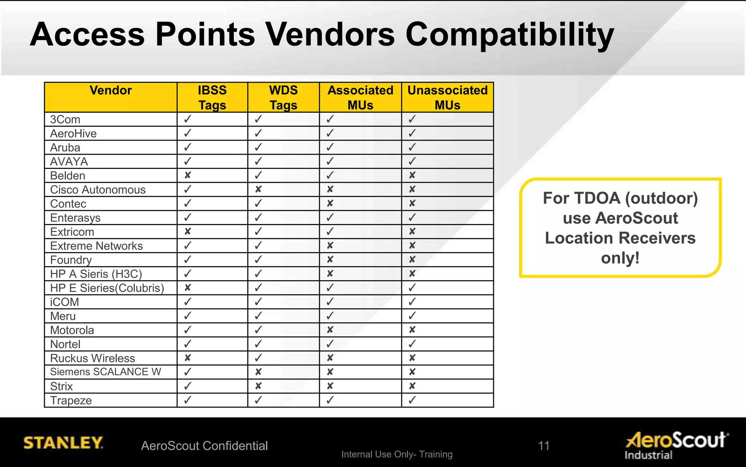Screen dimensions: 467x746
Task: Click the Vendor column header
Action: [111, 90]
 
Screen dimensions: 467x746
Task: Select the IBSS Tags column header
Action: [212, 97]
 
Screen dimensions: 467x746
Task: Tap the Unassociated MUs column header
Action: [447, 97]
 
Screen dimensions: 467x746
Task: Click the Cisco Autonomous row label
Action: [98, 190]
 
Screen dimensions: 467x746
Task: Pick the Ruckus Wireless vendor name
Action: [93, 358]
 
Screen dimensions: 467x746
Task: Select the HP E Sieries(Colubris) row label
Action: [107, 288]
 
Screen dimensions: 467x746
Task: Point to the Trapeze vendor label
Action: [71, 400]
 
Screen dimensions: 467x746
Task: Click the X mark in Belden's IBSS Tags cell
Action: [188, 175]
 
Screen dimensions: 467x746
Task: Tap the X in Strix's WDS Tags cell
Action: [258, 386]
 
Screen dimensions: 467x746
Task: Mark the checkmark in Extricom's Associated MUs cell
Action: [330, 232]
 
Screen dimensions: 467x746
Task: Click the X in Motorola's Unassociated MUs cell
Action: [412, 330]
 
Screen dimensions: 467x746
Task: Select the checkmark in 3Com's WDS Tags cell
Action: [258, 119]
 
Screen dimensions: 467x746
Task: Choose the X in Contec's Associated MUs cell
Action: [330, 204]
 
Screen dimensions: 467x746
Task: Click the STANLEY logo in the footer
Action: [63, 443]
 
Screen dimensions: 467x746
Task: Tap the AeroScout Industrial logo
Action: [677, 445]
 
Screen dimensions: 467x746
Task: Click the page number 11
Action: [543, 445]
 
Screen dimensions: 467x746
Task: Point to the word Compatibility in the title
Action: [510, 35]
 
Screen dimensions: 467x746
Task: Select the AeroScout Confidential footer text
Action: [204, 446]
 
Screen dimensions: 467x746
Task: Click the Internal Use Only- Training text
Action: [397, 454]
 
